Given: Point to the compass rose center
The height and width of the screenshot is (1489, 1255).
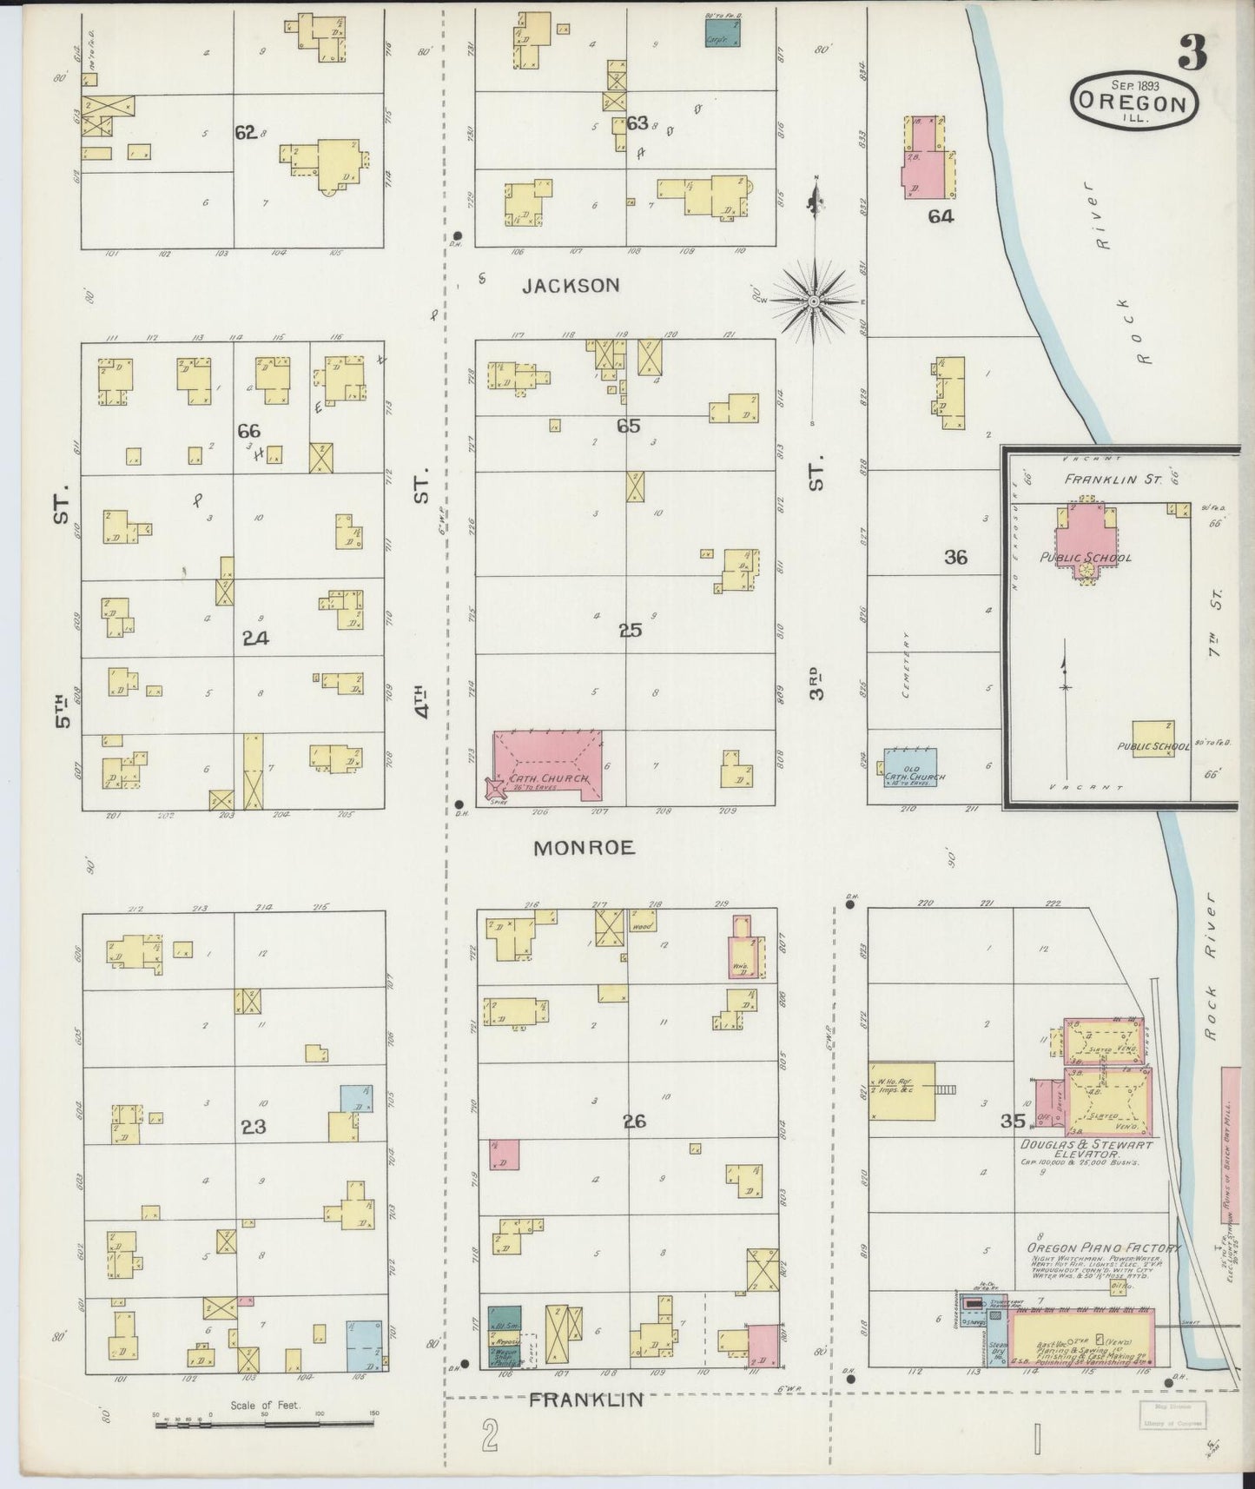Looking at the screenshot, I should click(x=815, y=301).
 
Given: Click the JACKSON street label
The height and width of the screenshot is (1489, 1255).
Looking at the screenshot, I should click(x=571, y=285).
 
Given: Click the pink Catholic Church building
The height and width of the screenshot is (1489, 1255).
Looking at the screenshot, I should click(x=547, y=764).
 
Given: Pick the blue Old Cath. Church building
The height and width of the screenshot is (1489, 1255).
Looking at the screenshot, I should click(x=909, y=767).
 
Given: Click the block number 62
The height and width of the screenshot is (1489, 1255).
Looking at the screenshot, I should click(x=245, y=133).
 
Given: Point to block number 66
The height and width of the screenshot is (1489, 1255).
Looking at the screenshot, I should click(x=249, y=430).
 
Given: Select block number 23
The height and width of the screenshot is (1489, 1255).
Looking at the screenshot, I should click(x=254, y=1127).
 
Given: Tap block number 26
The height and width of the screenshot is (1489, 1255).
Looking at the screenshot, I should click(x=634, y=1122).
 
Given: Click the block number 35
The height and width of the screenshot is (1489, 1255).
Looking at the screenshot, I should click(x=1013, y=1121).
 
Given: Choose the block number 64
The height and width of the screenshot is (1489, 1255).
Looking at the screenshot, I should click(x=941, y=217).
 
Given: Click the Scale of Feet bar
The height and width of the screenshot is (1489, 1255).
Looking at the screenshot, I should click(x=265, y=1426).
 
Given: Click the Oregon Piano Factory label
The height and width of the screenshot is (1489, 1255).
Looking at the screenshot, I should click(x=1103, y=1248).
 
